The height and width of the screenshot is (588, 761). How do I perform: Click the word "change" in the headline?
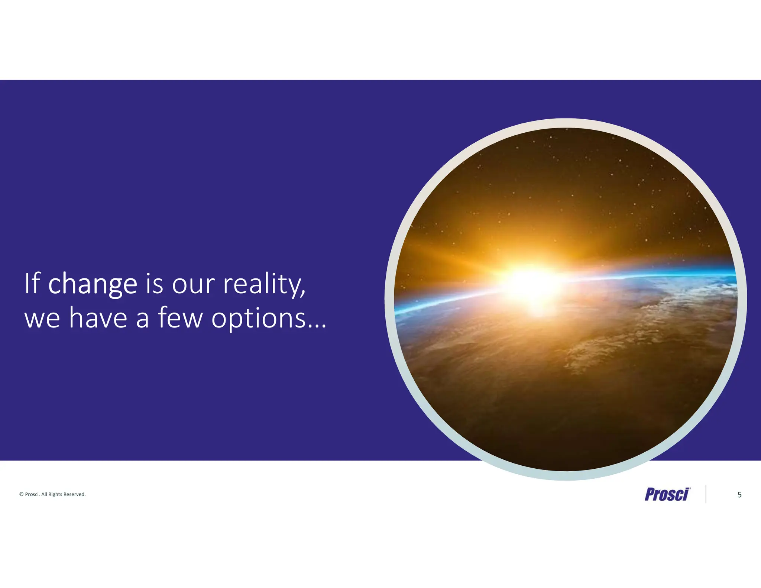point(93,284)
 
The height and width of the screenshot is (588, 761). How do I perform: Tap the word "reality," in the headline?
point(264,284)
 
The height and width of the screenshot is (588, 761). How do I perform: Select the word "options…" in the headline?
point(269,318)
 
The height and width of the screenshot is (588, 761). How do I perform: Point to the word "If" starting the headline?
point(32,284)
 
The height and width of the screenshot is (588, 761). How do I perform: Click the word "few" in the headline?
point(181,318)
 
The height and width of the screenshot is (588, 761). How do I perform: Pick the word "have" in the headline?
point(98,318)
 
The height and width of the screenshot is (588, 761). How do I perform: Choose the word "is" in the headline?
point(154,284)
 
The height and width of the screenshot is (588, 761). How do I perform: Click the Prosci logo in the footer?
point(667,494)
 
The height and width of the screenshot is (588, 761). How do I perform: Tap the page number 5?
point(739,495)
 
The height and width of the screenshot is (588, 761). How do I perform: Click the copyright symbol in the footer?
point(21,494)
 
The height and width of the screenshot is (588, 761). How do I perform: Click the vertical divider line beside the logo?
point(706,494)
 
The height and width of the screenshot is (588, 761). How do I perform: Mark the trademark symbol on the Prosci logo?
point(690,488)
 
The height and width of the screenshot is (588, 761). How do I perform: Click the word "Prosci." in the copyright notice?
point(32,494)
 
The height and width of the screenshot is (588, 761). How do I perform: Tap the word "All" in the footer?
point(44,494)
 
